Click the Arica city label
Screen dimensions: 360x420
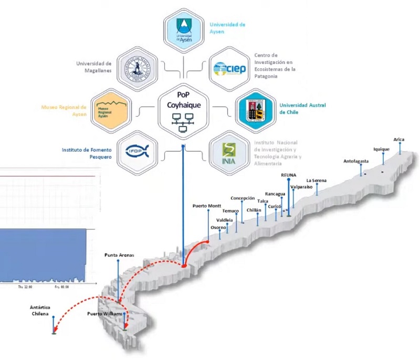tap(399, 139)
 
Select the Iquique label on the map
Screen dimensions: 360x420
tap(382, 149)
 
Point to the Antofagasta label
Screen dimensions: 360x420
tap(356, 161)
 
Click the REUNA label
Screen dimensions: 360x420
tap(289, 174)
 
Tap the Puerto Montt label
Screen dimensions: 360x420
tap(206, 205)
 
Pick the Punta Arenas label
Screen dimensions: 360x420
tap(119, 255)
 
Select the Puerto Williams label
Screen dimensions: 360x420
tap(105, 314)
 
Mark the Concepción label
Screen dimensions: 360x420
tap(243, 198)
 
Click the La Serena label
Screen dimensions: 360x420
tap(316, 181)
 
